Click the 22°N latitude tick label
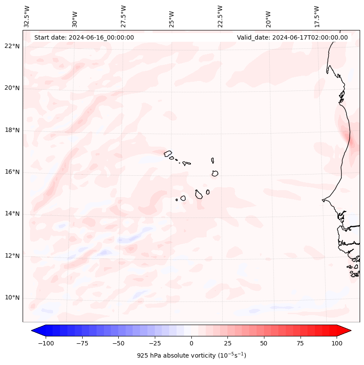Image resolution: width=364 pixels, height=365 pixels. point(12,46)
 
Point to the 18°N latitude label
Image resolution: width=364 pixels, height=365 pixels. point(12,130)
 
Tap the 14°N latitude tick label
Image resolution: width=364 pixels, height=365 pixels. point(12,214)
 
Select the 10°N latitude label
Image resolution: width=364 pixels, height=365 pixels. point(12,298)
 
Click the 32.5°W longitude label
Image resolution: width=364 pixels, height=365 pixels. point(27,17)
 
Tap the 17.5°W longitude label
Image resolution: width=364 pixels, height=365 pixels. point(317,17)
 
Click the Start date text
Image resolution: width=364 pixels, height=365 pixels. point(84,37)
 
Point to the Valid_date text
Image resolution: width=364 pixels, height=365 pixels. point(292,37)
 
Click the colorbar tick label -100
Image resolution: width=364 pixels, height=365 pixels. point(46,343)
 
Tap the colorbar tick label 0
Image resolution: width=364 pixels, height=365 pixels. point(191,343)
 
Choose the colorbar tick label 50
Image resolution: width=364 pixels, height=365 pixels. point(264,343)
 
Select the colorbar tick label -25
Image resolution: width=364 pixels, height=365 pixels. point(155,343)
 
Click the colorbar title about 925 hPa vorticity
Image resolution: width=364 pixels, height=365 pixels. point(191,355)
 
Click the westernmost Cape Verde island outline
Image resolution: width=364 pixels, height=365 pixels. point(168,154)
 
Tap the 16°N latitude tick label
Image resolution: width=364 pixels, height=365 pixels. point(12,172)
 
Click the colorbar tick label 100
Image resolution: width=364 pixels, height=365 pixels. point(337,343)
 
